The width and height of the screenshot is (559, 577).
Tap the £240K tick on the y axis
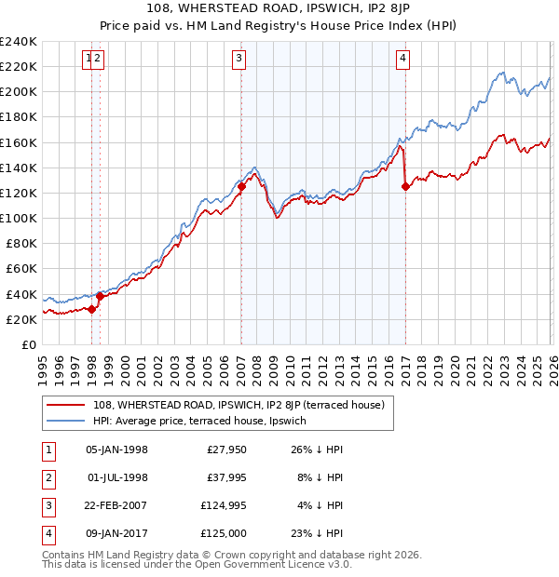(x=18, y=42)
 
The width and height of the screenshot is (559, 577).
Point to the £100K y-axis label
(x=18, y=218)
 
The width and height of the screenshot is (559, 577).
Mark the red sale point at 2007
(x=241, y=186)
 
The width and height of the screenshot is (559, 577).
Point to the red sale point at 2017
(x=405, y=186)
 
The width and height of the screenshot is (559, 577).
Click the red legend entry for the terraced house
(x=233, y=405)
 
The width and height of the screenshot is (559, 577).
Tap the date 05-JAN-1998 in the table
(x=116, y=450)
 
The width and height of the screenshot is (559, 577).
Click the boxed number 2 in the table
(x=48, y=477)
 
